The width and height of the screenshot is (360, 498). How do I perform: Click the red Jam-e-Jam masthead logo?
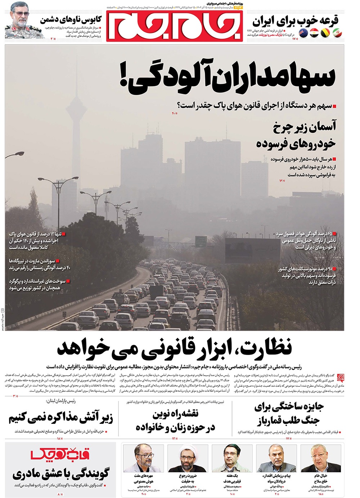coord(174,26)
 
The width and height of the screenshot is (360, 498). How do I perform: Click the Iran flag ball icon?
coord(337,33)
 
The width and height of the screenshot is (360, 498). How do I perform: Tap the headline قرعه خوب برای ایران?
coord(296,21)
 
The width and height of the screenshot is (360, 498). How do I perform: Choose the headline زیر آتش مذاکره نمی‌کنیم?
coord(61,418)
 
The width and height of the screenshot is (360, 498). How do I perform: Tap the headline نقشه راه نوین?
coord(175,420)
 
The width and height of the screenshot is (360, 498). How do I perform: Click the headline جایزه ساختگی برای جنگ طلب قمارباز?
coord(288,413)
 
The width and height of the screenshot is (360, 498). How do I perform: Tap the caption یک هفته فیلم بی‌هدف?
coord(232,478)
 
